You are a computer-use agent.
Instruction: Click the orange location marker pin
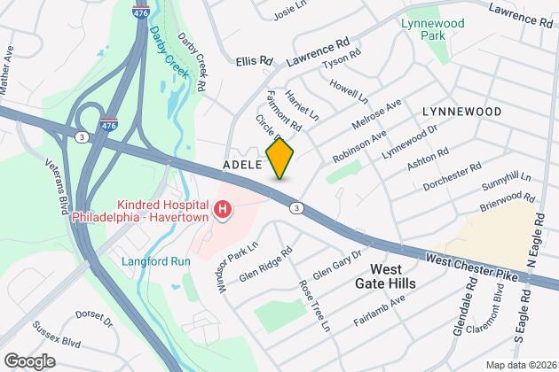279,159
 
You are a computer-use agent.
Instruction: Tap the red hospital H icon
224,211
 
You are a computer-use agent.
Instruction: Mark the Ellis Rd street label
255,60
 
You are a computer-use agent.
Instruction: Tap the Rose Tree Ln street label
316,306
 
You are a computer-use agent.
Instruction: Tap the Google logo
29,360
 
